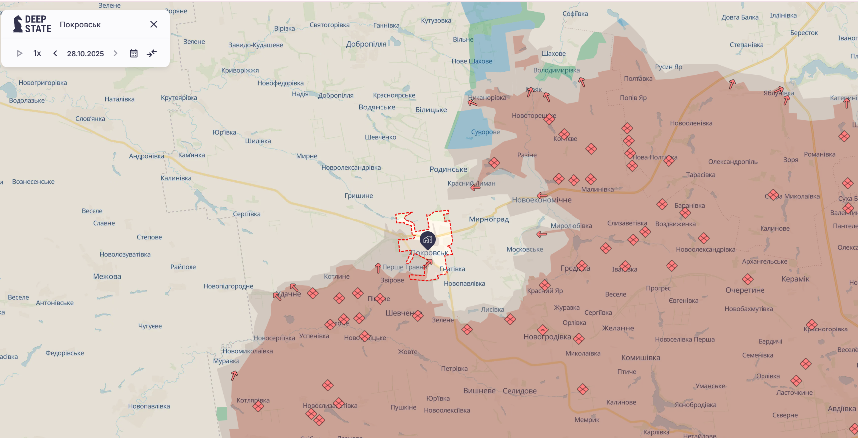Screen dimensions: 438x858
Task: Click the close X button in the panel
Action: pos(154,24)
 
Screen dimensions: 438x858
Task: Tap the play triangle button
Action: pos(20,53)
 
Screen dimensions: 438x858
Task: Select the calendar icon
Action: pos(134,53)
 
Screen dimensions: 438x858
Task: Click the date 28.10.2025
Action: pos(86,54)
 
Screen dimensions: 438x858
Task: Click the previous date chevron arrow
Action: pos(55,53)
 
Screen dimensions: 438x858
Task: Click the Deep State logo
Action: pos(32,24)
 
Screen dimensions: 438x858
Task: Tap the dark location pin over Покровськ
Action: pos(428,240)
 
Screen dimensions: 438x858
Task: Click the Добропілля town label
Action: pos(366,44)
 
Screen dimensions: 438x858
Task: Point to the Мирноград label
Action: pos(488,219)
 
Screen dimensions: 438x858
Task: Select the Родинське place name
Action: pos(448,169)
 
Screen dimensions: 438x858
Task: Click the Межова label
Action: pos(107,277)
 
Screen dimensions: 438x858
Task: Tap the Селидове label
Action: pos(519,391)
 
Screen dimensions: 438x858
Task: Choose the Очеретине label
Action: pos(745,290)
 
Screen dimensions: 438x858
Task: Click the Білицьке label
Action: pos(431,110)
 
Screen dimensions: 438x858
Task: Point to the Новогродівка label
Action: pos(547,337)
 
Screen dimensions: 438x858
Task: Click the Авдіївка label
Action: pos(842,409)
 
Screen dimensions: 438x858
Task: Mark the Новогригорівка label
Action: pos(43,83)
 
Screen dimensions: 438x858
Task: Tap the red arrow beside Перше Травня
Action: pos(378,268)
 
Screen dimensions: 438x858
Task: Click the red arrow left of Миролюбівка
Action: pos(542,234)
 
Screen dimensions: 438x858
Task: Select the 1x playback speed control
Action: pos(37,53)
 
